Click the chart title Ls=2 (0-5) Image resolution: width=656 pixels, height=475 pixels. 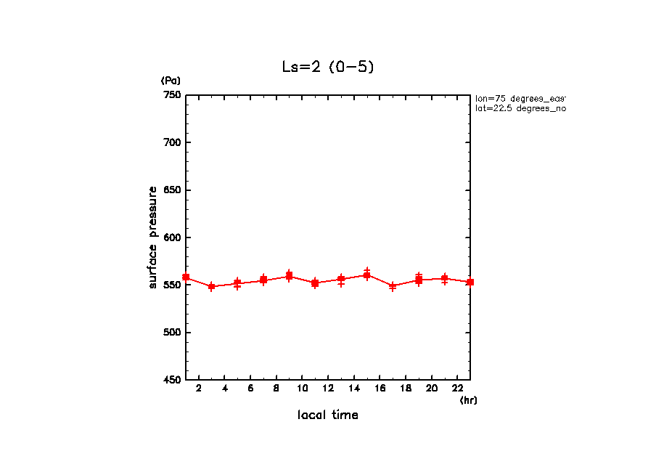pyautogui.click(x=328, y=67)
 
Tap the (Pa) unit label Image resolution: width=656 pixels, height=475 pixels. pyautogui.click(x=171, y=81)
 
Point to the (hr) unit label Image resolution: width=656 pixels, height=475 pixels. pyautogui.click(x=468, y=400)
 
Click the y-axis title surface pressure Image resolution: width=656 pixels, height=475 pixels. pyautogui.click(x=153, y=238)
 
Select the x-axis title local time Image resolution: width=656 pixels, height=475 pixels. pyautogui.click(x=328, y=415)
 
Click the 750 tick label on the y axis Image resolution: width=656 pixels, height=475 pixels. pyautogui.click(x=172, y=95)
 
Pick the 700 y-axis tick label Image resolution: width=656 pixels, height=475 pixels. pyautogui.click(x=172, y=142)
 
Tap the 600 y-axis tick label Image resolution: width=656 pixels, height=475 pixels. pyautogui.click(x=172, y=238)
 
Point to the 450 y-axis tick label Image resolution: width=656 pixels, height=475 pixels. pyautogui.click(x=172, y=380)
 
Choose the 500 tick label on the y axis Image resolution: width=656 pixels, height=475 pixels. pyautogui.click(x=172, y=333)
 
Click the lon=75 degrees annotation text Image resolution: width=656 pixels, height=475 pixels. pyautogui.click(x=520, y=98)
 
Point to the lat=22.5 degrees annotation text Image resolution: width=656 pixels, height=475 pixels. pyautogui.click(x=520, y=108)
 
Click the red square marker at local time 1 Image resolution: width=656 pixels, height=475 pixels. pyautogui.click(x=186, y=277)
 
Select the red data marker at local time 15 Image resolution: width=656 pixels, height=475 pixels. pyautogui.click(x=366, y=275)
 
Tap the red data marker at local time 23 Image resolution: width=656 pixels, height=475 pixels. pyautogui.click(x=470, y=282)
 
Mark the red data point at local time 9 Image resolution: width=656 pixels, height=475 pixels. pyautogui.click(x=289, y=276)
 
